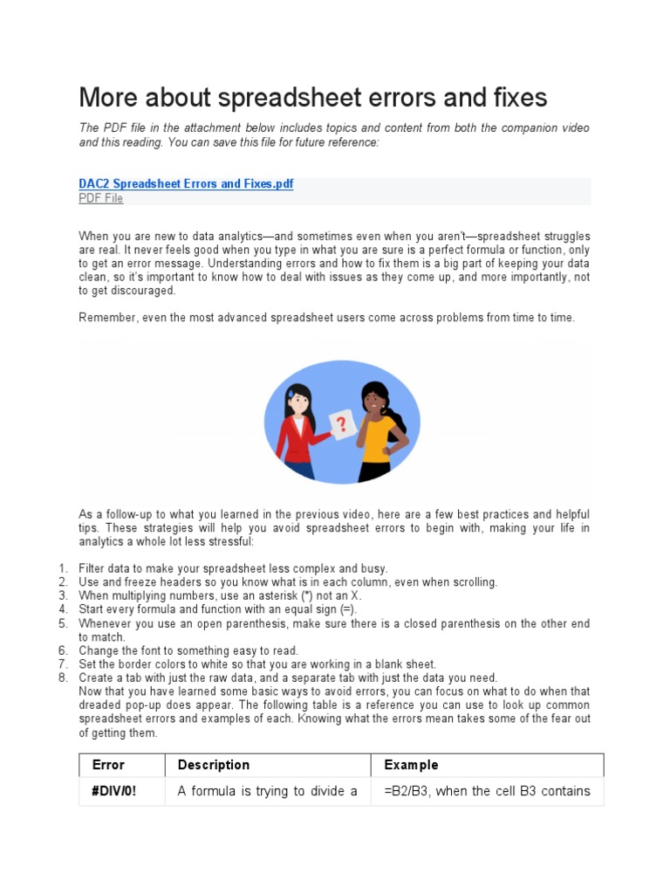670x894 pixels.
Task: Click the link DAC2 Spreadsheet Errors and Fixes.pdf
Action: (186, 184)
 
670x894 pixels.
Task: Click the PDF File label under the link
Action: (101, 199)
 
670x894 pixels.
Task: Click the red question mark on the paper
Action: (341, 424)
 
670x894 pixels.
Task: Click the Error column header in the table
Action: (108, 765)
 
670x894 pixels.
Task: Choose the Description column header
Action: (214, 765)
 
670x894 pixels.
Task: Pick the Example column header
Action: (411, 765)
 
